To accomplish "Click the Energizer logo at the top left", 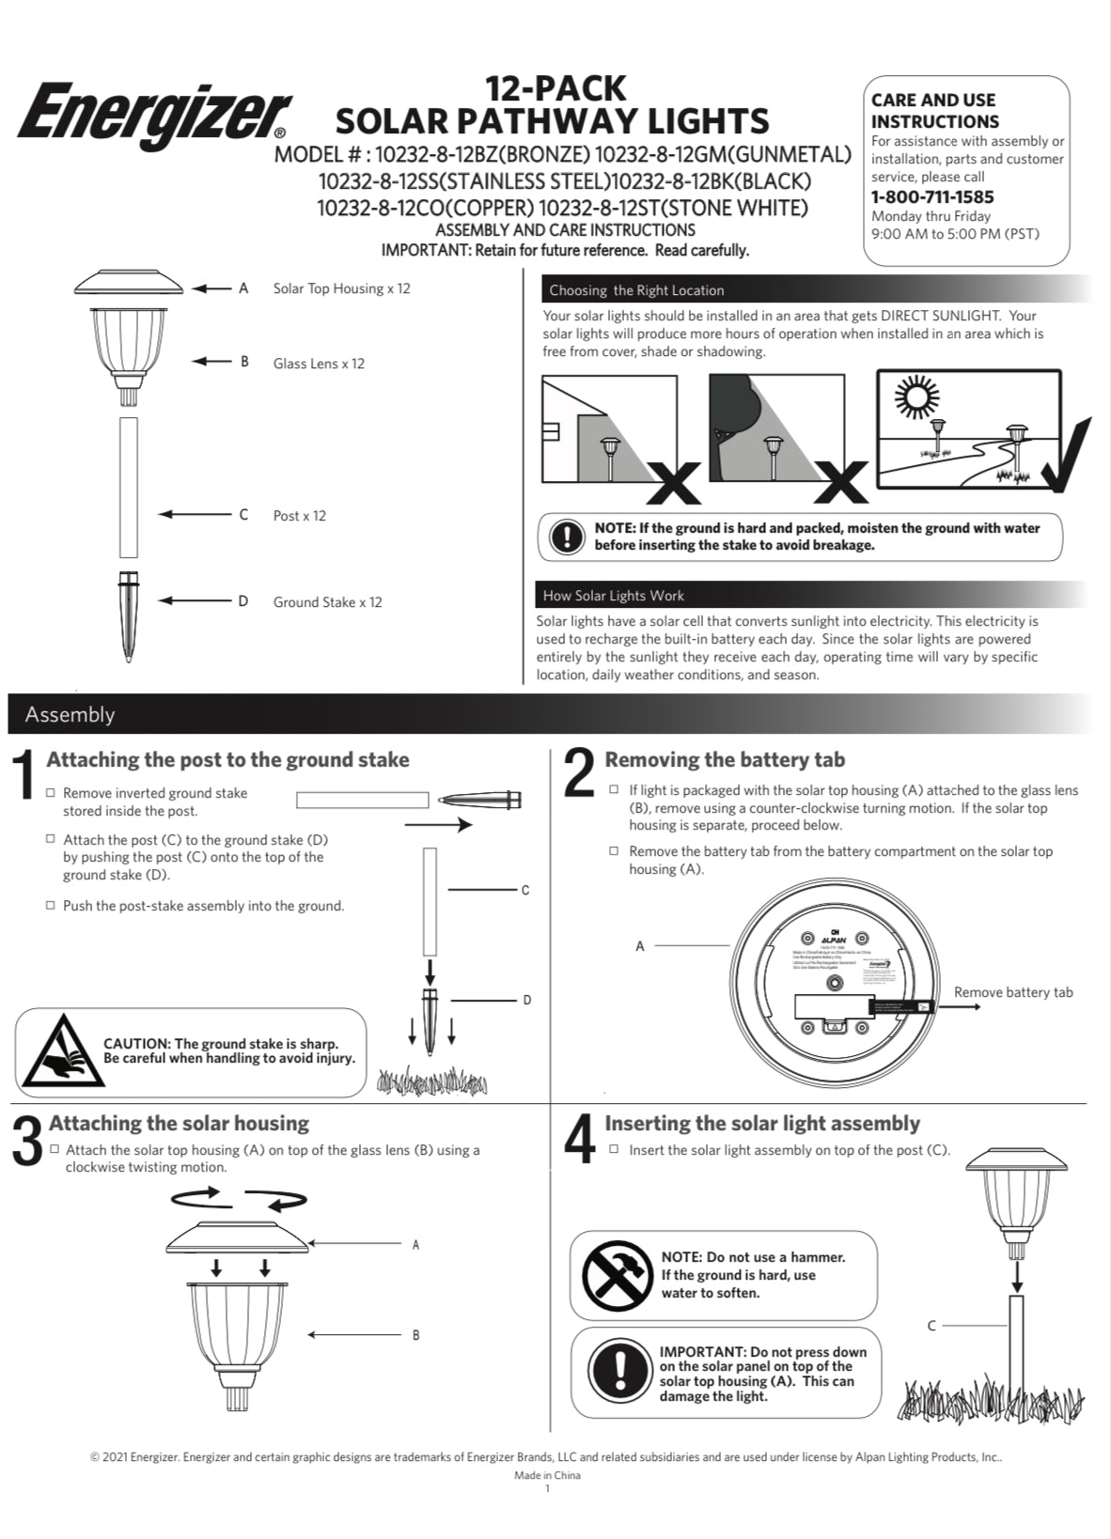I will pyautogui.click(x=153, y=115).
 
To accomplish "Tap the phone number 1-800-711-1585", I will pyautogui.click(x=931, y=196).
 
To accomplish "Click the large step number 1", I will pyautogui.click(x=25, y=776).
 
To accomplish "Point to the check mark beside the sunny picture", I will pyautogui.click(x=1068, y=456).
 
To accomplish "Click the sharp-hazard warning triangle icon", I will pyautogui.click(x=57, y=1051).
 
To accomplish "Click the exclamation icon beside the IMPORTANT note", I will pyautogui.click(x=618, y=1372).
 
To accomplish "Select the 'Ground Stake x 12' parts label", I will pyautogui.click(x=327, y=602).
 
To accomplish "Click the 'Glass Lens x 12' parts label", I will pyautogui.click(x=319, y=364).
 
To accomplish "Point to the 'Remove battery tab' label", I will pyautogui.click(x=1012, y=992).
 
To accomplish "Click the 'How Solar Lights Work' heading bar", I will pyautogui.click(x=613, y=596).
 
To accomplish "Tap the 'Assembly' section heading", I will pyautogui.click(x=70, y=714).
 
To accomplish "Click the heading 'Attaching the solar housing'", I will pyautogui.click(x=179, y=1123).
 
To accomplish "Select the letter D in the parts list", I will pyautogui.click(x=243, y=601).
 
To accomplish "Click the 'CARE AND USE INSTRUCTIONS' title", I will pyautogui.click(x=934, y=110).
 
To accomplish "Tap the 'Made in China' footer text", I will pyautogui.click(x=547, y=1475).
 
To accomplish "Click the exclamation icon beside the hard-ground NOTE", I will pyautogui.click(x=567, y=536).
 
